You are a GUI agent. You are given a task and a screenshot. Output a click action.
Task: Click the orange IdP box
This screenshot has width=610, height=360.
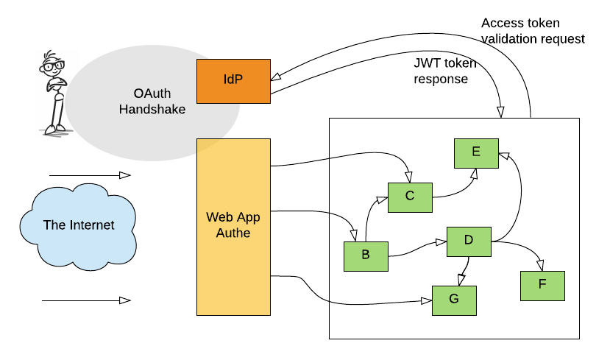233,81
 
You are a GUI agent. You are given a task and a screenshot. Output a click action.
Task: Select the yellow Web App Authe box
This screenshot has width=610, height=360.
233,227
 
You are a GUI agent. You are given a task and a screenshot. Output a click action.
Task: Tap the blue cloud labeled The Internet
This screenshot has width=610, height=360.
78,225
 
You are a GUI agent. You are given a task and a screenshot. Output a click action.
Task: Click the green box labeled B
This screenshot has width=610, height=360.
366,256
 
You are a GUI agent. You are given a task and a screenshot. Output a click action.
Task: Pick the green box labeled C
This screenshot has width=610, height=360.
410,197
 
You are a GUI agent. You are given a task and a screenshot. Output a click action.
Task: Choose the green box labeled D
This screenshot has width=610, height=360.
469,241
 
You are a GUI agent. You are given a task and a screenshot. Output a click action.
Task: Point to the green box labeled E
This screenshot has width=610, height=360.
476,153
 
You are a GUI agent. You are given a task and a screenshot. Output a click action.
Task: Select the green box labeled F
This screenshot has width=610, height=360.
542,286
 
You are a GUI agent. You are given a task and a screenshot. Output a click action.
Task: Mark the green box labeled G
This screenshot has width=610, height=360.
454,300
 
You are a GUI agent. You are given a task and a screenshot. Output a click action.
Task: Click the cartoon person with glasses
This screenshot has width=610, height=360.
56,93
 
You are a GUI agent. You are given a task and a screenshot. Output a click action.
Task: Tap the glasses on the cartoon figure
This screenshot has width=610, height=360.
53,66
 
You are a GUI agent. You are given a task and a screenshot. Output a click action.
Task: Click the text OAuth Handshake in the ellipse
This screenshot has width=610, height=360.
152,102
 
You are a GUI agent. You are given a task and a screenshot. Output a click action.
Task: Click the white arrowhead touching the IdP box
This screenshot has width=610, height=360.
276,77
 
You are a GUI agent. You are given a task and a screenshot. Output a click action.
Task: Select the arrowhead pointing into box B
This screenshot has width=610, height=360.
354,235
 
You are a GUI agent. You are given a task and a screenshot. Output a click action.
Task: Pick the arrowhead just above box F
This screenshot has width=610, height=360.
540,264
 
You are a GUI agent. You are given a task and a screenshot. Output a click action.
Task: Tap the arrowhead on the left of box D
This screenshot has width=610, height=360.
441,241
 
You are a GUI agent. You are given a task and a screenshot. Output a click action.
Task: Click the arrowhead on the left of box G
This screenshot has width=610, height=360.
426,300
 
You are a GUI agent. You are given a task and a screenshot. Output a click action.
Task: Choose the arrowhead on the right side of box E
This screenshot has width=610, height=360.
504,155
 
